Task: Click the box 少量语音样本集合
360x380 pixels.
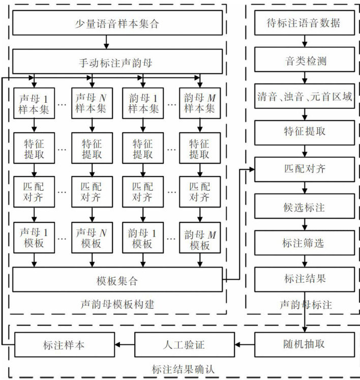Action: point(117,23)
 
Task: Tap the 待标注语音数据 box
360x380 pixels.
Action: point(304,23)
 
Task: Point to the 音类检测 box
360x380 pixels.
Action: point(304,62)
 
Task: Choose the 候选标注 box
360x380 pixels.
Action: point(304,208)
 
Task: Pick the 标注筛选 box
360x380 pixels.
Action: point(304,243)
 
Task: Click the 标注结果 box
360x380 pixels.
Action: point(304,279)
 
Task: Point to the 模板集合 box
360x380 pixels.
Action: point(117,280)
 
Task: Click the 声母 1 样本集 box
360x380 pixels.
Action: point(34,103)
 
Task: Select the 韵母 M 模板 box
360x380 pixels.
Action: point(200,238)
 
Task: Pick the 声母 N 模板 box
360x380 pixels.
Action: point(92,238)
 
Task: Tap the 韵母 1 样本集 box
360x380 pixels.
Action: point(142,103)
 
